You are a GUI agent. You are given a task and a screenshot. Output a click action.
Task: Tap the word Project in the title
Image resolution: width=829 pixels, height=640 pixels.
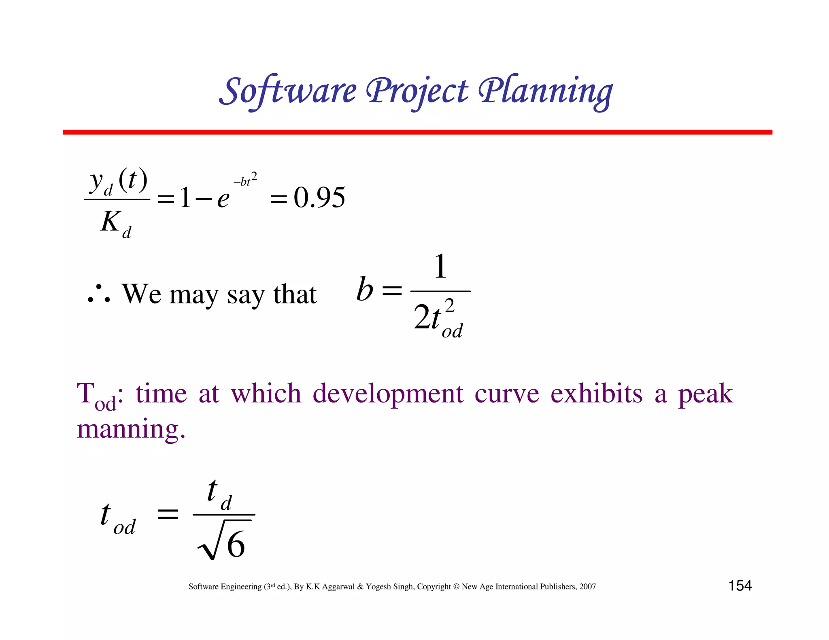click(417, 91)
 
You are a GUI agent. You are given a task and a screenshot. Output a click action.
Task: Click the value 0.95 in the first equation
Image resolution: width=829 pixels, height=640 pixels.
click(319, 198)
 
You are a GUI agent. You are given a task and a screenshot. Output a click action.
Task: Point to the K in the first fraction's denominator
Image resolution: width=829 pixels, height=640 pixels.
click(110, 222)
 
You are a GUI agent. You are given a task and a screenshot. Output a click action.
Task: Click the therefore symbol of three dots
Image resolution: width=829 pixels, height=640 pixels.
click(99, 295)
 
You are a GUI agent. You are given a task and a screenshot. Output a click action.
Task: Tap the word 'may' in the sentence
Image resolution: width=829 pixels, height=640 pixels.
click(193, 295)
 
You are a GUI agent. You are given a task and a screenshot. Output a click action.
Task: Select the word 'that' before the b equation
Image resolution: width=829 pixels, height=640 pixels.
click(295, 294)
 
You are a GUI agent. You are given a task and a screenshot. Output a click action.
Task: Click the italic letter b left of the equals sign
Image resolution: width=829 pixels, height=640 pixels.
click(364, 289)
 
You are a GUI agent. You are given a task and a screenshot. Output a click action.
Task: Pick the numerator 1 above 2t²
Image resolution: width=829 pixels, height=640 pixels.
click(440, 267)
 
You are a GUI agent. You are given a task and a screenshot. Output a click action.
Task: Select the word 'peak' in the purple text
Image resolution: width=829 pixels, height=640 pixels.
click(705, 394)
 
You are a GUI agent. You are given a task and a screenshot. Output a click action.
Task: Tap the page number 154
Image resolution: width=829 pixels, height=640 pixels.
click(740, 586)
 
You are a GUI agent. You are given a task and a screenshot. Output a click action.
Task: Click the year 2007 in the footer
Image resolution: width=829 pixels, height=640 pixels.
click(587, 587)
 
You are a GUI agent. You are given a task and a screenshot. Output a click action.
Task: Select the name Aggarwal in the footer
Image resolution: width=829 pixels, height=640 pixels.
click(338, 587)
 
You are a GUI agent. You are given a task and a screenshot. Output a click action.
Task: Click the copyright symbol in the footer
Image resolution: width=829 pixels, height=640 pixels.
click(456, 587)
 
